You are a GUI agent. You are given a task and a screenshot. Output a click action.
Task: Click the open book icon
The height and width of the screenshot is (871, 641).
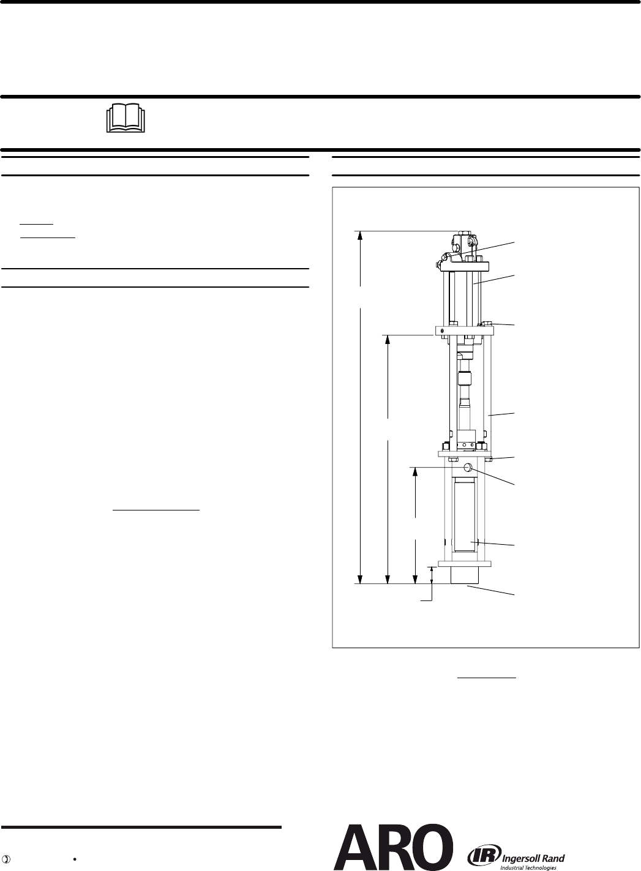126,118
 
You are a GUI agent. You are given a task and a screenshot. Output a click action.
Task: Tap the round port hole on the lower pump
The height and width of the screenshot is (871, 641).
470,467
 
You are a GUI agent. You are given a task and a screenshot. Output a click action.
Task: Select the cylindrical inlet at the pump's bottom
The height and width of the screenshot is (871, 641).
465,575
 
